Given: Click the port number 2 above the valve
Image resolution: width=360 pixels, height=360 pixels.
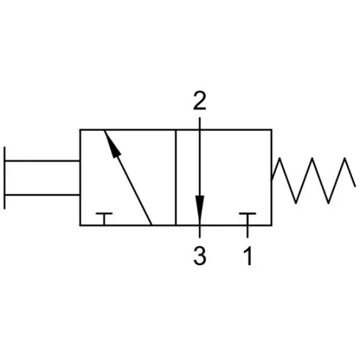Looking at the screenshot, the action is pos(199,101).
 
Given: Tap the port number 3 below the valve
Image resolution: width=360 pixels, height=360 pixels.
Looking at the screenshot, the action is pos(200,256).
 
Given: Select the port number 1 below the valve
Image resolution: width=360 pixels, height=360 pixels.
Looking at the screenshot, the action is pos(248,256).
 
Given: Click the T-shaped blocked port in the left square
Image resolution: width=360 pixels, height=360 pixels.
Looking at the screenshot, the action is pos(104,218).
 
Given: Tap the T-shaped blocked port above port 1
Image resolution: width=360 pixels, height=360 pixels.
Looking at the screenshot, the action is pos(248,218).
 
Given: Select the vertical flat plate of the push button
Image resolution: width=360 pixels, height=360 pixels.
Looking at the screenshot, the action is pos(4,178).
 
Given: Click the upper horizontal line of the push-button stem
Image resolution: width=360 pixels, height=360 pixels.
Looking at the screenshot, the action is pos(42,161).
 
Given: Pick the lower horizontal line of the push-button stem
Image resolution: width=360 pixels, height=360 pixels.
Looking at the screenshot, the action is pos(42,195).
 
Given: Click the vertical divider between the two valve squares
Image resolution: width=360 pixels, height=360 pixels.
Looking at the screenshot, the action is pos(176,178).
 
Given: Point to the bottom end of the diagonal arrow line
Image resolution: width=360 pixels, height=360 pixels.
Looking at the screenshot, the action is pos(151,225).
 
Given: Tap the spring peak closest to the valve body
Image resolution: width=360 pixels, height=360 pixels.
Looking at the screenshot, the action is pos(279,158).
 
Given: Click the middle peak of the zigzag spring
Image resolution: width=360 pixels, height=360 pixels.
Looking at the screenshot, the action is pos(312,158).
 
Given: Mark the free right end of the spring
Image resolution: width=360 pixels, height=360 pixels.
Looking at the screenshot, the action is pos(355,187).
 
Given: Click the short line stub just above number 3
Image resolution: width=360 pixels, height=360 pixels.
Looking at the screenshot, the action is pos(200,232).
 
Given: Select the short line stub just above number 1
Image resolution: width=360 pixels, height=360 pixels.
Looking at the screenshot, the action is pos(248,232).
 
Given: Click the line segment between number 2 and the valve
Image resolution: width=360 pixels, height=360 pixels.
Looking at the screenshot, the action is pos(200,123).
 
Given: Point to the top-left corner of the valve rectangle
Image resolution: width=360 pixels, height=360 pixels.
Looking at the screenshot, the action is pos(80,129).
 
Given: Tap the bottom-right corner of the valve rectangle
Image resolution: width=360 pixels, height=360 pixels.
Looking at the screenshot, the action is pos(272,225).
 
